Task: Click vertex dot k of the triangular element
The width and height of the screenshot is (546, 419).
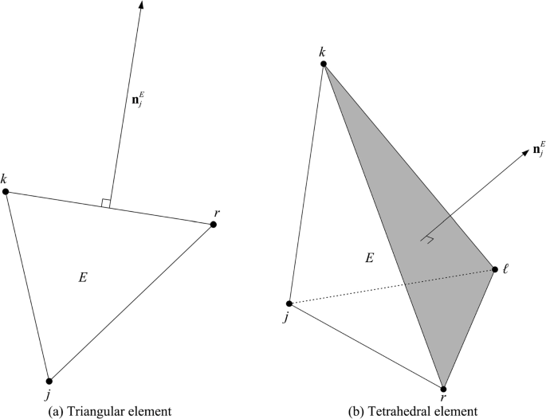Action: coord(7,192)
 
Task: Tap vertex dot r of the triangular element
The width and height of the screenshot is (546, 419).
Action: coord(214,225)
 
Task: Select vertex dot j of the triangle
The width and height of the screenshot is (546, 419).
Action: coord(49,381)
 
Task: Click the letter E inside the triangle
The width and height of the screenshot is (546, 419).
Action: coord(82,278)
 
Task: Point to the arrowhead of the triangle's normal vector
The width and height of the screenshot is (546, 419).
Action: coord(141,6)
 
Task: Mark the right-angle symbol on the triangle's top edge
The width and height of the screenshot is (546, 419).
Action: coord(105,204)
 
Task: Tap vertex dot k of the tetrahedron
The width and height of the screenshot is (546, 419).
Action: coord(323,64)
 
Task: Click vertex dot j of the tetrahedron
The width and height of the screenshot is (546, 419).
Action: coord(289,303)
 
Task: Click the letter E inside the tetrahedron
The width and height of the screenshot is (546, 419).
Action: coord(368,257)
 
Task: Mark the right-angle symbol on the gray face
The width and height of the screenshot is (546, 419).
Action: coord(428,238)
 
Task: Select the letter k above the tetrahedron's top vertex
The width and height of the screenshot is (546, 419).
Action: coord(322,52)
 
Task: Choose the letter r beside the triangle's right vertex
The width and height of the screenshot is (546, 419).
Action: coord(218,213)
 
